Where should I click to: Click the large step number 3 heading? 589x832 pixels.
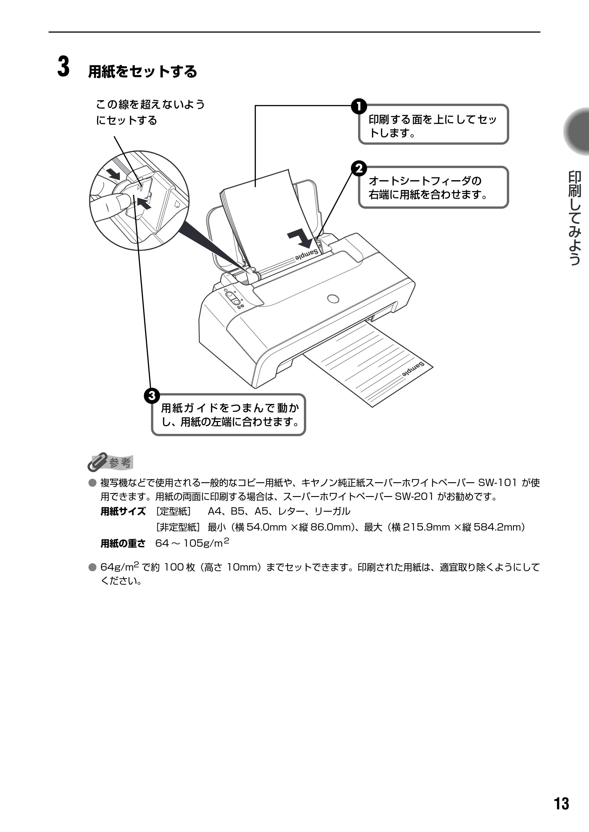pyautogui.click(x=64, y=67)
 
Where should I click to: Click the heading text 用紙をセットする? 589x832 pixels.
pyautogui.click(x=143, y=72)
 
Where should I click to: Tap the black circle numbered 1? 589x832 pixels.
pyautogui.click(x=359, y=107)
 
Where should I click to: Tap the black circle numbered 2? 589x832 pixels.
pyautogui.click(x=359, y=169)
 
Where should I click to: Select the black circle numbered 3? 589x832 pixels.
pyautogui.click(x=152, y=395)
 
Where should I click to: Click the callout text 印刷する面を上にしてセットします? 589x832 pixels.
pyautogui.click(x=433, y=125)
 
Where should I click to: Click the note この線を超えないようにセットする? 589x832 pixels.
pyautogui.click(x=150, y=112)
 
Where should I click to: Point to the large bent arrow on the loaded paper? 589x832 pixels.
pyautogui.click(x=300, y=236)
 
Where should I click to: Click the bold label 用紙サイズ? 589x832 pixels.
pyautogui.click(x=123, y=511)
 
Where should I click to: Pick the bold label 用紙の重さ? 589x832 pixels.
pyautogui.click(x=123, y=543)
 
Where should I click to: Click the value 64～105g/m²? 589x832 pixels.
pyautogui.click(x=192, y=542)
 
